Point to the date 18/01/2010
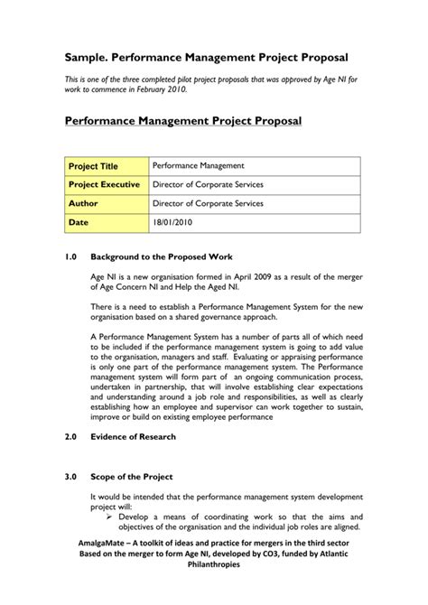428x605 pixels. click(173, 222)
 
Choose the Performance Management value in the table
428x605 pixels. click(198, 167)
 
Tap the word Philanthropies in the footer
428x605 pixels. click(214, 587)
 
